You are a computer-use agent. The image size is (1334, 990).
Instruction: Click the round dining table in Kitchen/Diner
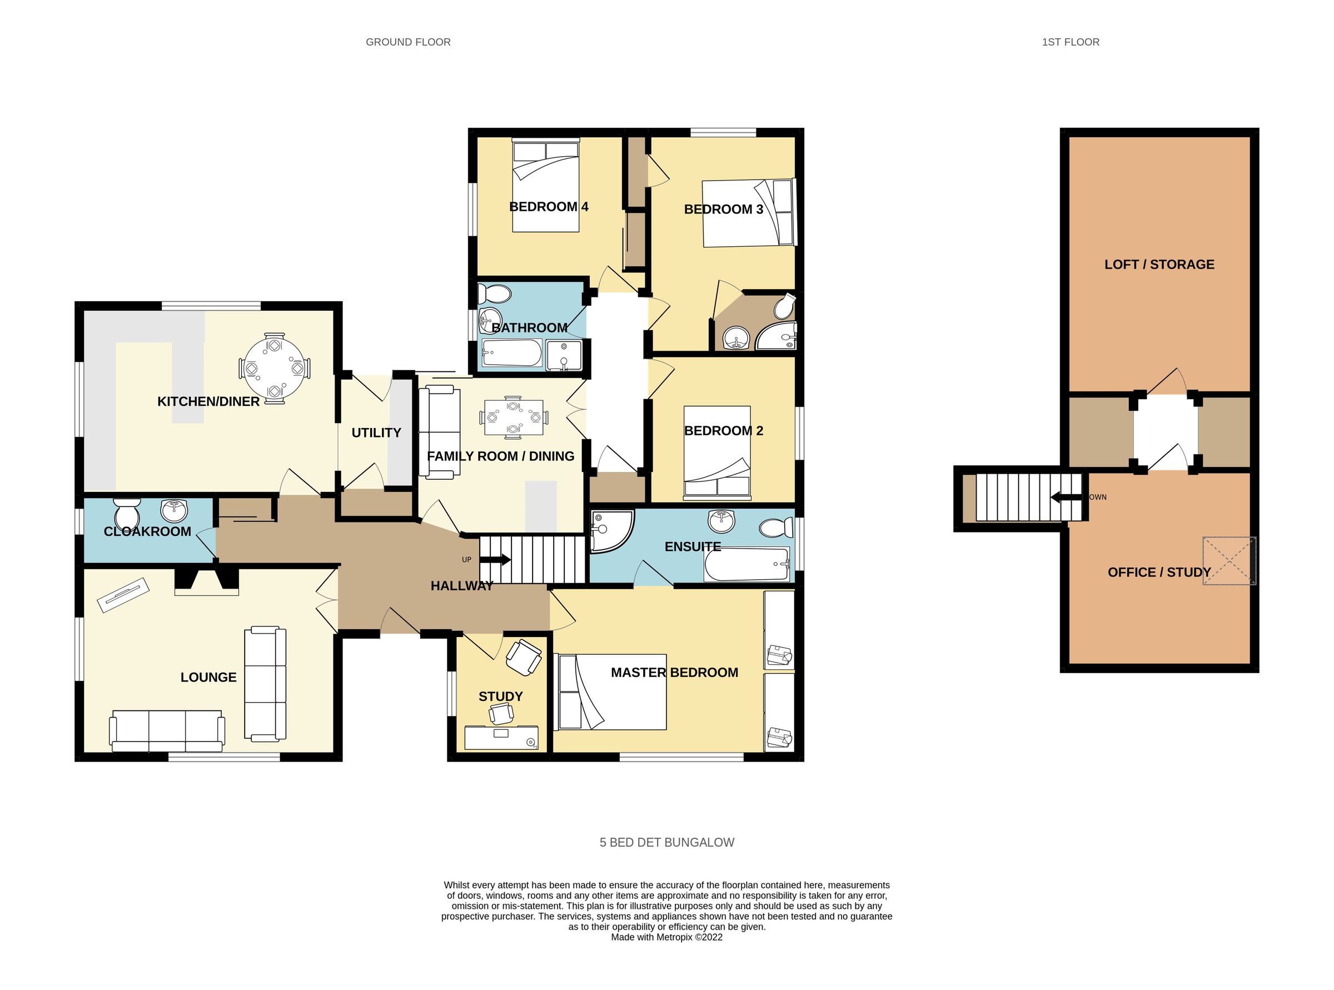point(275,368)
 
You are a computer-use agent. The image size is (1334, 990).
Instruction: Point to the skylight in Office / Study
point(1228,560)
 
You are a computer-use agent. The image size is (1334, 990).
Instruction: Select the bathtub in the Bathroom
point(512,354)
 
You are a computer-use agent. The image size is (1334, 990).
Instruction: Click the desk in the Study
point(501,737)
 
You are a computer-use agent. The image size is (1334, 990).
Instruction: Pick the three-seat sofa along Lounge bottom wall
point(167,730)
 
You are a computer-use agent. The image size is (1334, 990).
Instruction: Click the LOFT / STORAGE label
point(1159,264)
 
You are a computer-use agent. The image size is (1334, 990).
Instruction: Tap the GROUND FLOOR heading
point(408,42)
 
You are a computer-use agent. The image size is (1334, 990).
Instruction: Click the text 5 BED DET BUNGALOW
point(666,842)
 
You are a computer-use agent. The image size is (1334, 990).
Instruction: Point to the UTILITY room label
point(376,432)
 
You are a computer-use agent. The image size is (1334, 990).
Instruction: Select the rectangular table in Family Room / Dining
point(513,416)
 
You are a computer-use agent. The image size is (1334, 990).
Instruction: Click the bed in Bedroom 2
point(716,453)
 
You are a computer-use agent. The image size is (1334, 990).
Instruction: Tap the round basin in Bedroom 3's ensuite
point(735,339)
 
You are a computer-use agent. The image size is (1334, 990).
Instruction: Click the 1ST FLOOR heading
point(1071,42)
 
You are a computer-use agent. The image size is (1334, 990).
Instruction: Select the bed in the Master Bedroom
point(612,692)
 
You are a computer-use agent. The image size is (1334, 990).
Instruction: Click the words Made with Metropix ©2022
point(666,937)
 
